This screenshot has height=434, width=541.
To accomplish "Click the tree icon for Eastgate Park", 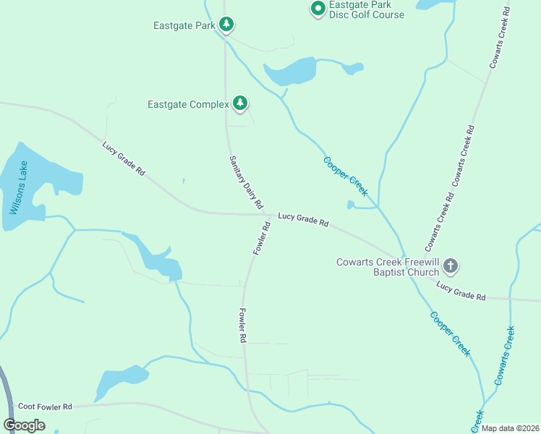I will [226, 25].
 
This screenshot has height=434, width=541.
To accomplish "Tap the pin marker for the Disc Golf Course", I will [318, 9].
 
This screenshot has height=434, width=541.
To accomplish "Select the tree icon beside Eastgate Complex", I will [240, 104].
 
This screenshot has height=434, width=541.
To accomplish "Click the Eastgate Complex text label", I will [188, 104].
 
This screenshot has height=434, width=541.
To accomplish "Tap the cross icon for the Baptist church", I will [450, 266].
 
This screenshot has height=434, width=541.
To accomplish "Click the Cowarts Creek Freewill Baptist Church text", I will [388, 267].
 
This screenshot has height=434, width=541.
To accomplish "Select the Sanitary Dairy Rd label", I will [246, 182].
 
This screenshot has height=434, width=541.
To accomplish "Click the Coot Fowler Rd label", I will [46, 407].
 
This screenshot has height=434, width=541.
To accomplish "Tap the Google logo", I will [24, 425].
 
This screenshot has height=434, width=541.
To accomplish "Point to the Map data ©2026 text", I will [510, 428].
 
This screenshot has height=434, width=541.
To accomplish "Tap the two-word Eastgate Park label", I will [184, 25].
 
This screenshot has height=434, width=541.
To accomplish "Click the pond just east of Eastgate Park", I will [291, 72].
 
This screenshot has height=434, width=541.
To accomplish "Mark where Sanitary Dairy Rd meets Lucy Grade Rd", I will [268, 215].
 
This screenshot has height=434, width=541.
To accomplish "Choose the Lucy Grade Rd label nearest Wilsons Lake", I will [124, 158].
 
